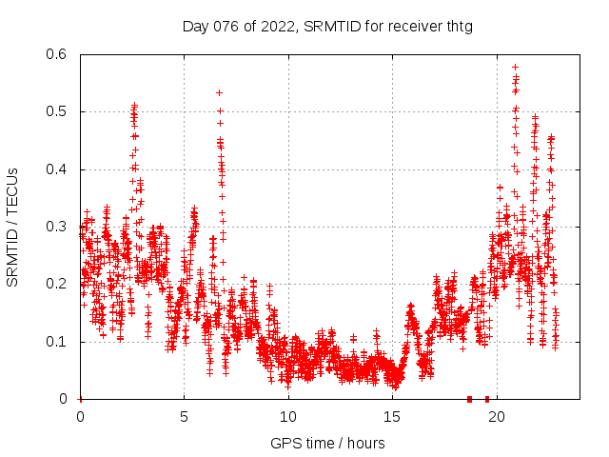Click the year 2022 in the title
tap(276, 26)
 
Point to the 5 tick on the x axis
tap(184, 417)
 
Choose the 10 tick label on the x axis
tap(287, 417)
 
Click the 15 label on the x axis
tap(392, 417)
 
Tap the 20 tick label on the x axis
tap(496, 417)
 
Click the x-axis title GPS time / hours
tap(327, 443)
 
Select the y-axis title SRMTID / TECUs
tap(13, 227)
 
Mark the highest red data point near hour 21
tap(515, 68)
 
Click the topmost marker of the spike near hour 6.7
tap(219, 92)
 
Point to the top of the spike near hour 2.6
tap(134, 106)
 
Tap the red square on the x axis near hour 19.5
tap(487, 399)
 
